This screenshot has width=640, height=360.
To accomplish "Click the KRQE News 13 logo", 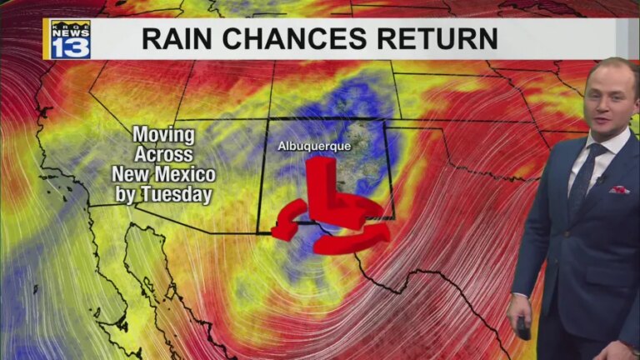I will (70, 39).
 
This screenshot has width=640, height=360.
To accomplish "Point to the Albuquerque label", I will (314, 147).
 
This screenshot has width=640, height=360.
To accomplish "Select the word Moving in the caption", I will (164, 135).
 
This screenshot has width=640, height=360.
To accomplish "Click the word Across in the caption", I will (164, 155).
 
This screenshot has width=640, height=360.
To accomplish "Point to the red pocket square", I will (618, 190).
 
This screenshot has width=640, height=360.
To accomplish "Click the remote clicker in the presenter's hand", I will (523, 327).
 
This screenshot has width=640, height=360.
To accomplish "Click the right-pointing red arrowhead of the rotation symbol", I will (379, 234).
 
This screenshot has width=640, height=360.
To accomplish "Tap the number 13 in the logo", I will (71, 47).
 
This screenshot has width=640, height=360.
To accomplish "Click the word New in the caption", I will (132, 175).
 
